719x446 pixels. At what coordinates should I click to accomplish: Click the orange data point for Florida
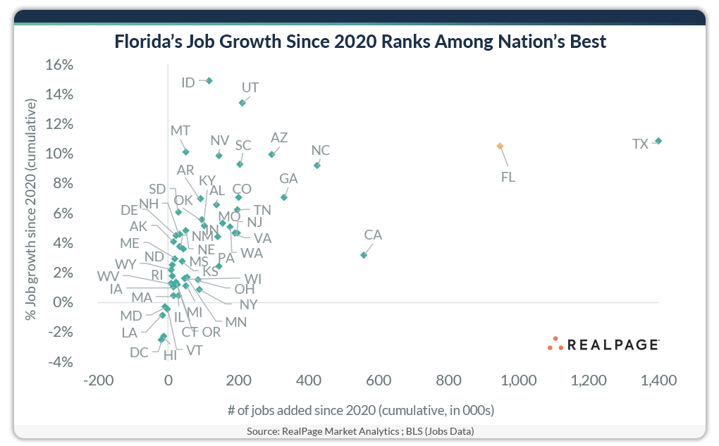click(500, 146)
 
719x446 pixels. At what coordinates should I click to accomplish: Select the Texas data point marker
click(658, 141)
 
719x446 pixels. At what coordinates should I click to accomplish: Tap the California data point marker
click(364, 254)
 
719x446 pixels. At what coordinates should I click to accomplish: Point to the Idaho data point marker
click(209, 81)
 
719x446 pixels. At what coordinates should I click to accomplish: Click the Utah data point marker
click(242, 103)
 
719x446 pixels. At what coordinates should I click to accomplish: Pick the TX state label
click(640, 144)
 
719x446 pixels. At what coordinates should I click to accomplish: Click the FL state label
click(508, 177)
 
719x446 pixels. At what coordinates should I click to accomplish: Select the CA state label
click(373, 235)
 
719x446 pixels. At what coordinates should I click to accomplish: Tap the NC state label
click(321, 151)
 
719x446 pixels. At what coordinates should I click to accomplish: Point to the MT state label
click(180, 131)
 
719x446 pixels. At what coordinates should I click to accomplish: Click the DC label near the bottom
click(139, 352)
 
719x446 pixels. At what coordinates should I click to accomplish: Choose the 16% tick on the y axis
click(60, 65)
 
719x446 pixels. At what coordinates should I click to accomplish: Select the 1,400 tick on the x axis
click(658, 380)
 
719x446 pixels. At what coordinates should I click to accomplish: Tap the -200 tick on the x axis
click(98, 380)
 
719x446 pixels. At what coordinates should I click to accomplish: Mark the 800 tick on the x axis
click(448, 380)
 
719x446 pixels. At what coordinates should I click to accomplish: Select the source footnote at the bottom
click(360, 430)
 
